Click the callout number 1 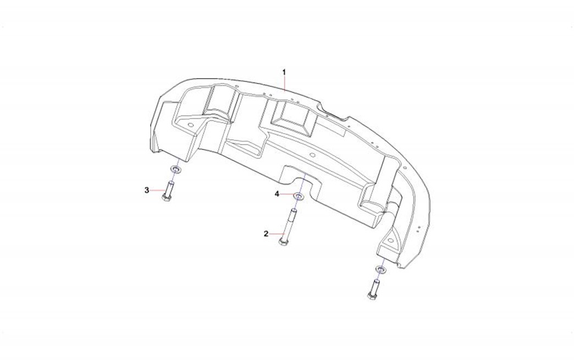(x=284, y=72)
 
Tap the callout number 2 (x=266, y=234)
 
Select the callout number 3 (x=147, y=190)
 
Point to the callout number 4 (x=277, y=194)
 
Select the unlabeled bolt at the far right (x=373, y=289)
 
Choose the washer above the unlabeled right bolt (x=382, y=270)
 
